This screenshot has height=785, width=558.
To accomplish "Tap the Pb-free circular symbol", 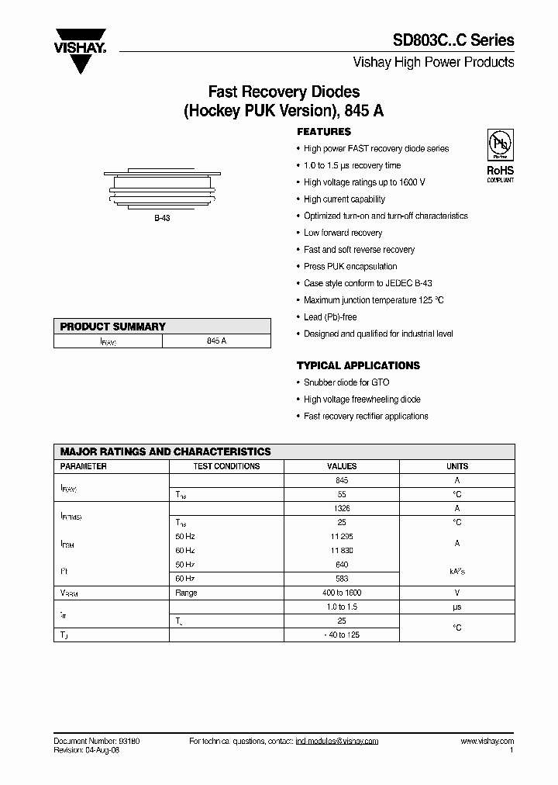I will (x=499, y=145).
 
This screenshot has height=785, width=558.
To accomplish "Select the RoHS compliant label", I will (x=500, y=172).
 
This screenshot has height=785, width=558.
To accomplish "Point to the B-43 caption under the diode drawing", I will (x=161, y=219).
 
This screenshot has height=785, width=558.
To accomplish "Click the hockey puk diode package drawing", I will (x=161, y=189).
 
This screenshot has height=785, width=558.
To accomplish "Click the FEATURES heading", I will (x=324, y=132).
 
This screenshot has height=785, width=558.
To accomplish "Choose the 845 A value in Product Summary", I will (x=217, y=341).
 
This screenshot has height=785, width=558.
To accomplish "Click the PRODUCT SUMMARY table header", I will (x=113, y=327).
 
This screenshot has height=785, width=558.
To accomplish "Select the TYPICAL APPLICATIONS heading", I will (x=358, y=365).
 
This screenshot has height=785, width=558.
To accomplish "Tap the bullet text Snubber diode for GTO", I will (x=346, y=382).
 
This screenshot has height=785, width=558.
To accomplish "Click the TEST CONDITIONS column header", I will (x=226, y=466).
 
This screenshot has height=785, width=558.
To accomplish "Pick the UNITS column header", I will (x=457, y=466).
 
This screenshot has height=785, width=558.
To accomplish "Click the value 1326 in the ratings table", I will (x=342, y=508).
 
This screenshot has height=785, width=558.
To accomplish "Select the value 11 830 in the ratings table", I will (x=342, y=550).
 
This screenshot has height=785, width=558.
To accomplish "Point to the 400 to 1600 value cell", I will (x=342, y=593).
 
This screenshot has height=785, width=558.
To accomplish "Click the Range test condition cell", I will (x=187, y=593).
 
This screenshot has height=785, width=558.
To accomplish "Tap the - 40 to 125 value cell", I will (x=342, y=635).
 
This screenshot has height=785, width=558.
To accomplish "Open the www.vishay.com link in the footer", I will (x=487, y=742).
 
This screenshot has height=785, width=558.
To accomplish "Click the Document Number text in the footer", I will (x=97, y=742).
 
